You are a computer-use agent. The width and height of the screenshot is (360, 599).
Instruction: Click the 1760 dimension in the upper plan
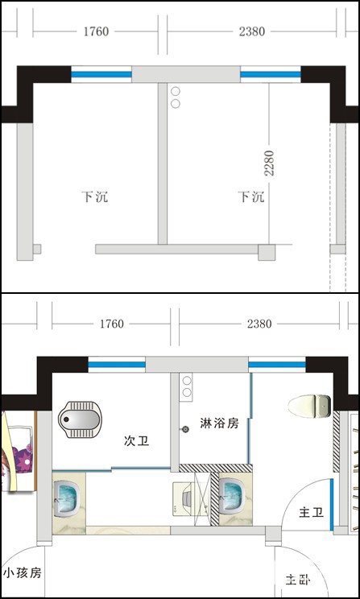97,31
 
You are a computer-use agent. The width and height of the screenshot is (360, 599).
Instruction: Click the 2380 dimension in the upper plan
252,31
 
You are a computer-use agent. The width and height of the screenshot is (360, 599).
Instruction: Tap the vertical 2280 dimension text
270,163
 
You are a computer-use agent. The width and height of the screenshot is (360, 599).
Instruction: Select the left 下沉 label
94,196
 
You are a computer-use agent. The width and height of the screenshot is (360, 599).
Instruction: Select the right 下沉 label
251,196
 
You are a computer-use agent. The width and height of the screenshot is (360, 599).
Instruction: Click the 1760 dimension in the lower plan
112,324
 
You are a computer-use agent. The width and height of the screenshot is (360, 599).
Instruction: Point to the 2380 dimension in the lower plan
259,324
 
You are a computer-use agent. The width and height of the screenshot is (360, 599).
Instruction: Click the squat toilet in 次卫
81,419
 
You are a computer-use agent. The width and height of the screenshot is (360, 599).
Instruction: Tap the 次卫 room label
136,441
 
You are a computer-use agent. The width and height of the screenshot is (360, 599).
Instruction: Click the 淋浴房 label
219,423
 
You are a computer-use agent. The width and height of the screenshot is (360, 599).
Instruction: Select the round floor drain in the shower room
186,429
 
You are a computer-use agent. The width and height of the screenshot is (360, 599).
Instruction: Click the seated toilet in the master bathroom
309,406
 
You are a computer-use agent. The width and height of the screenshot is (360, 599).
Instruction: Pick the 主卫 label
311,513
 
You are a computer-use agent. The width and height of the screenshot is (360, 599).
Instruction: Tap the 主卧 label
298,580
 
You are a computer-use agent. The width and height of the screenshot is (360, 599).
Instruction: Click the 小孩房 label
23,573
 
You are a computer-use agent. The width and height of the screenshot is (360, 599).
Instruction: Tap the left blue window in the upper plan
101,75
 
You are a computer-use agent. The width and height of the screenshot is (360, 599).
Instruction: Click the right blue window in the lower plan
277,365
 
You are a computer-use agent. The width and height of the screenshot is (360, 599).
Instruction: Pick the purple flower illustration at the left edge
19,451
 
